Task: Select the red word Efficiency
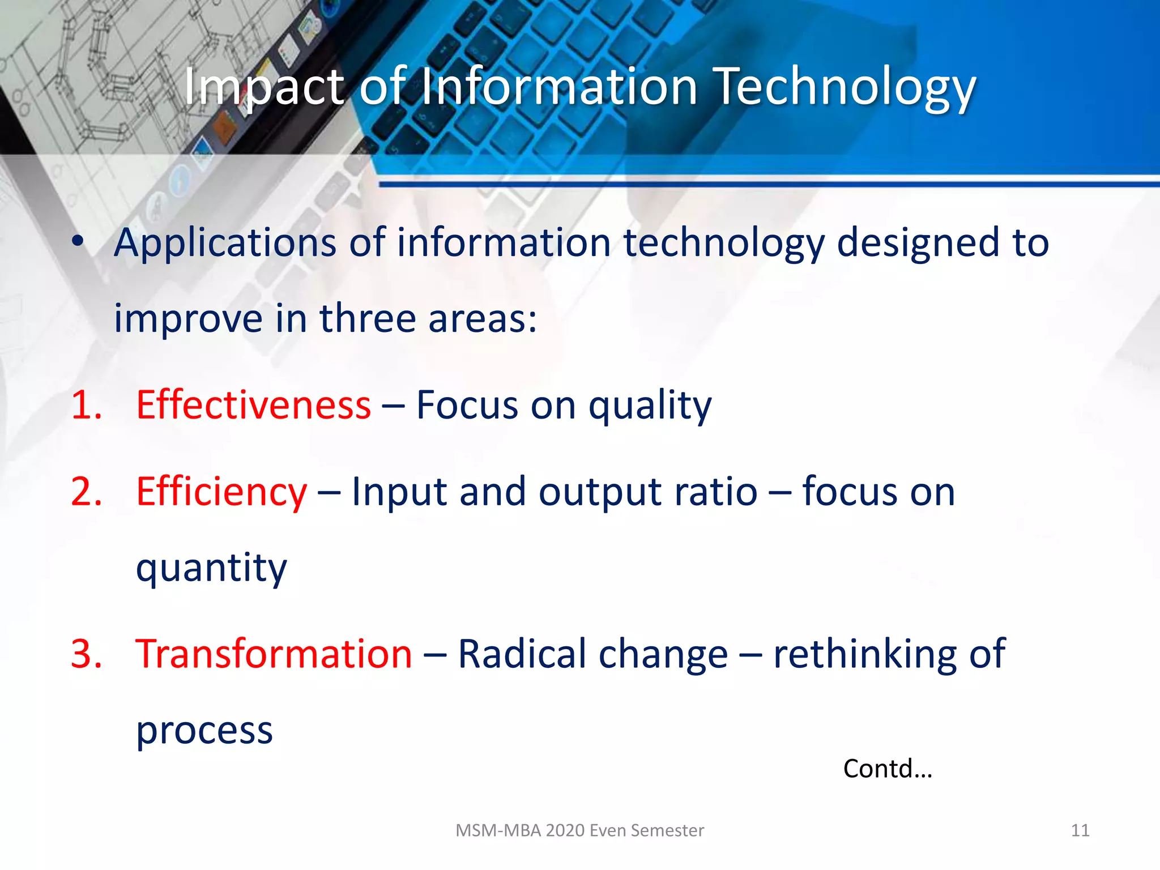point(221,491)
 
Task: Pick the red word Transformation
point(274,653)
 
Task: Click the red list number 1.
point(87,405)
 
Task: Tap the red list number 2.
point(87,491)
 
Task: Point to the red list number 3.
point(87,653)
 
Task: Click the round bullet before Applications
point(78,241)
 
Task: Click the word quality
point(650,406)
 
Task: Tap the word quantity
point(211,568)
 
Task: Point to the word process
point(204,731)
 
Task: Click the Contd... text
point(887,769)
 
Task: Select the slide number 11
point(1080,830)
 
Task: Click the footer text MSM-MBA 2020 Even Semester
point(579,830)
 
